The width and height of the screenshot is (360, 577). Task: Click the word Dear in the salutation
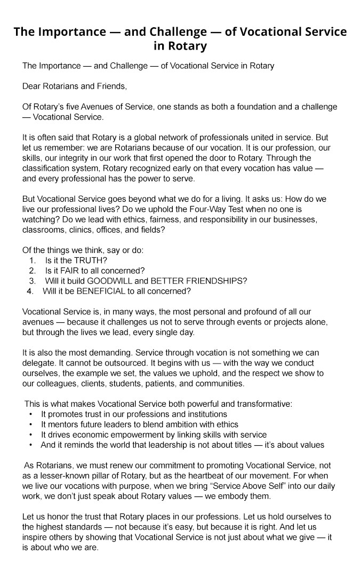coord(32,86)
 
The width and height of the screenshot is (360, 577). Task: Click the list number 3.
coord(33,281)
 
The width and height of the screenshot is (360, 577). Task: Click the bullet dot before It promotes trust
coord(31,414)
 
